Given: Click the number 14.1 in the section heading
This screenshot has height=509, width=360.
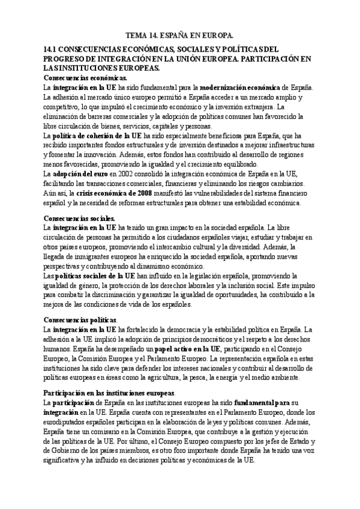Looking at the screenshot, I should click(53, 49).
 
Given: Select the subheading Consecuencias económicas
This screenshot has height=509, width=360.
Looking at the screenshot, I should click(85, 77).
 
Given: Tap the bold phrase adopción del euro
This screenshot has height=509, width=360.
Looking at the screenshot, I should click(81, 174).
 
